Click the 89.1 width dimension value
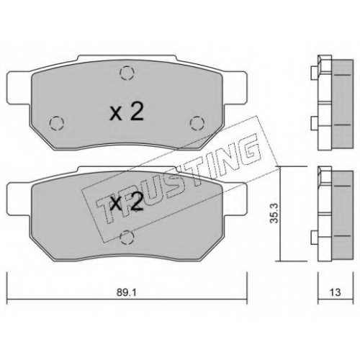(127, 292)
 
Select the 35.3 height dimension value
(274, 213)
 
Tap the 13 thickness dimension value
(335, 292)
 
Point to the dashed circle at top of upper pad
(127, 73)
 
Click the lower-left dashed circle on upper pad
(57, 123)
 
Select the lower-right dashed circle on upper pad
(197, 123)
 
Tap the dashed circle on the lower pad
(127, 237)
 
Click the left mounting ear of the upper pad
(19, 88)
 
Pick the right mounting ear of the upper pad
(235, 88)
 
